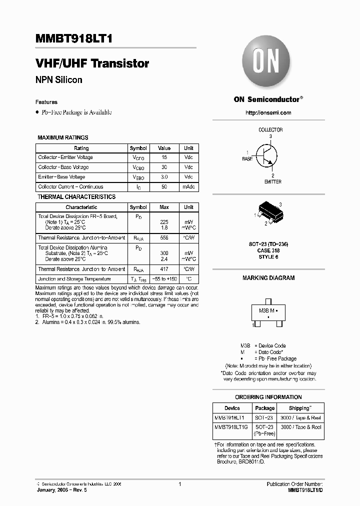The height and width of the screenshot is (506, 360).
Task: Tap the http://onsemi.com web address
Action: [x=268, y=113]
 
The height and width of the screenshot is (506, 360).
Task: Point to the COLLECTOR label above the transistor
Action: [x=270, y=130]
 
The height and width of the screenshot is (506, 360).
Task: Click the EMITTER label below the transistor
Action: [x=272, y=182]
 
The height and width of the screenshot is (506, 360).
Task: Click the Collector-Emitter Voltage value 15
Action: [x=164, y=157]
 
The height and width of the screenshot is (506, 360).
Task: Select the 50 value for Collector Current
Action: [x=164, y=187]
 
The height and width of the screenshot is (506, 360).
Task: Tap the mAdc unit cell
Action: [x=188, y=187]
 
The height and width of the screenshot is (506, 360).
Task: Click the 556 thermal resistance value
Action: [x=164, y=238]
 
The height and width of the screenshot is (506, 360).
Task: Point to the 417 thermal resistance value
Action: [x=164, y=269]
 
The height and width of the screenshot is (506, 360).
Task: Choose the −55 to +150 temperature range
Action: [x=164, y=279]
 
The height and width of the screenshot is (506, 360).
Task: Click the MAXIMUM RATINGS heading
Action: [x=63, y=137]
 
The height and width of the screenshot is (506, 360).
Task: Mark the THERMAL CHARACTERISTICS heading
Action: [x=76, y=197]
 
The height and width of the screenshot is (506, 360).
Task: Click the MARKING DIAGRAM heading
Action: [x=268, y=278]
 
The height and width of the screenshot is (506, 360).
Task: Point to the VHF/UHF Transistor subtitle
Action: [x=92, y=64]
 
